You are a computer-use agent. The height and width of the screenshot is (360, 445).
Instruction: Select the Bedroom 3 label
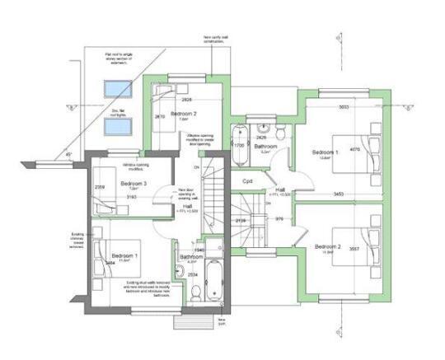[x=133, y=183]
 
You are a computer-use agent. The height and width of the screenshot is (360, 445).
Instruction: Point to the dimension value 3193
[x=130, y=197]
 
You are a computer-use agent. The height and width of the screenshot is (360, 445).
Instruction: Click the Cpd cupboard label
[x=246, y=181]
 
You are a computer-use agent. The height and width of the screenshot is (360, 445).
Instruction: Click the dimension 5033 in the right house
[x=344, y=107]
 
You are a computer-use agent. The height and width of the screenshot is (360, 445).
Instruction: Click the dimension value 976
[x=279, y=218]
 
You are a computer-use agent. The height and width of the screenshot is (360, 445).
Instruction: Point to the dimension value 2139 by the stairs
[x=241, y=221]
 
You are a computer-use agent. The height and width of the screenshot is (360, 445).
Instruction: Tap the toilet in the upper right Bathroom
[x=280, y=132]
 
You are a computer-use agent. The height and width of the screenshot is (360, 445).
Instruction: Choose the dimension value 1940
[x=199, y=249]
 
